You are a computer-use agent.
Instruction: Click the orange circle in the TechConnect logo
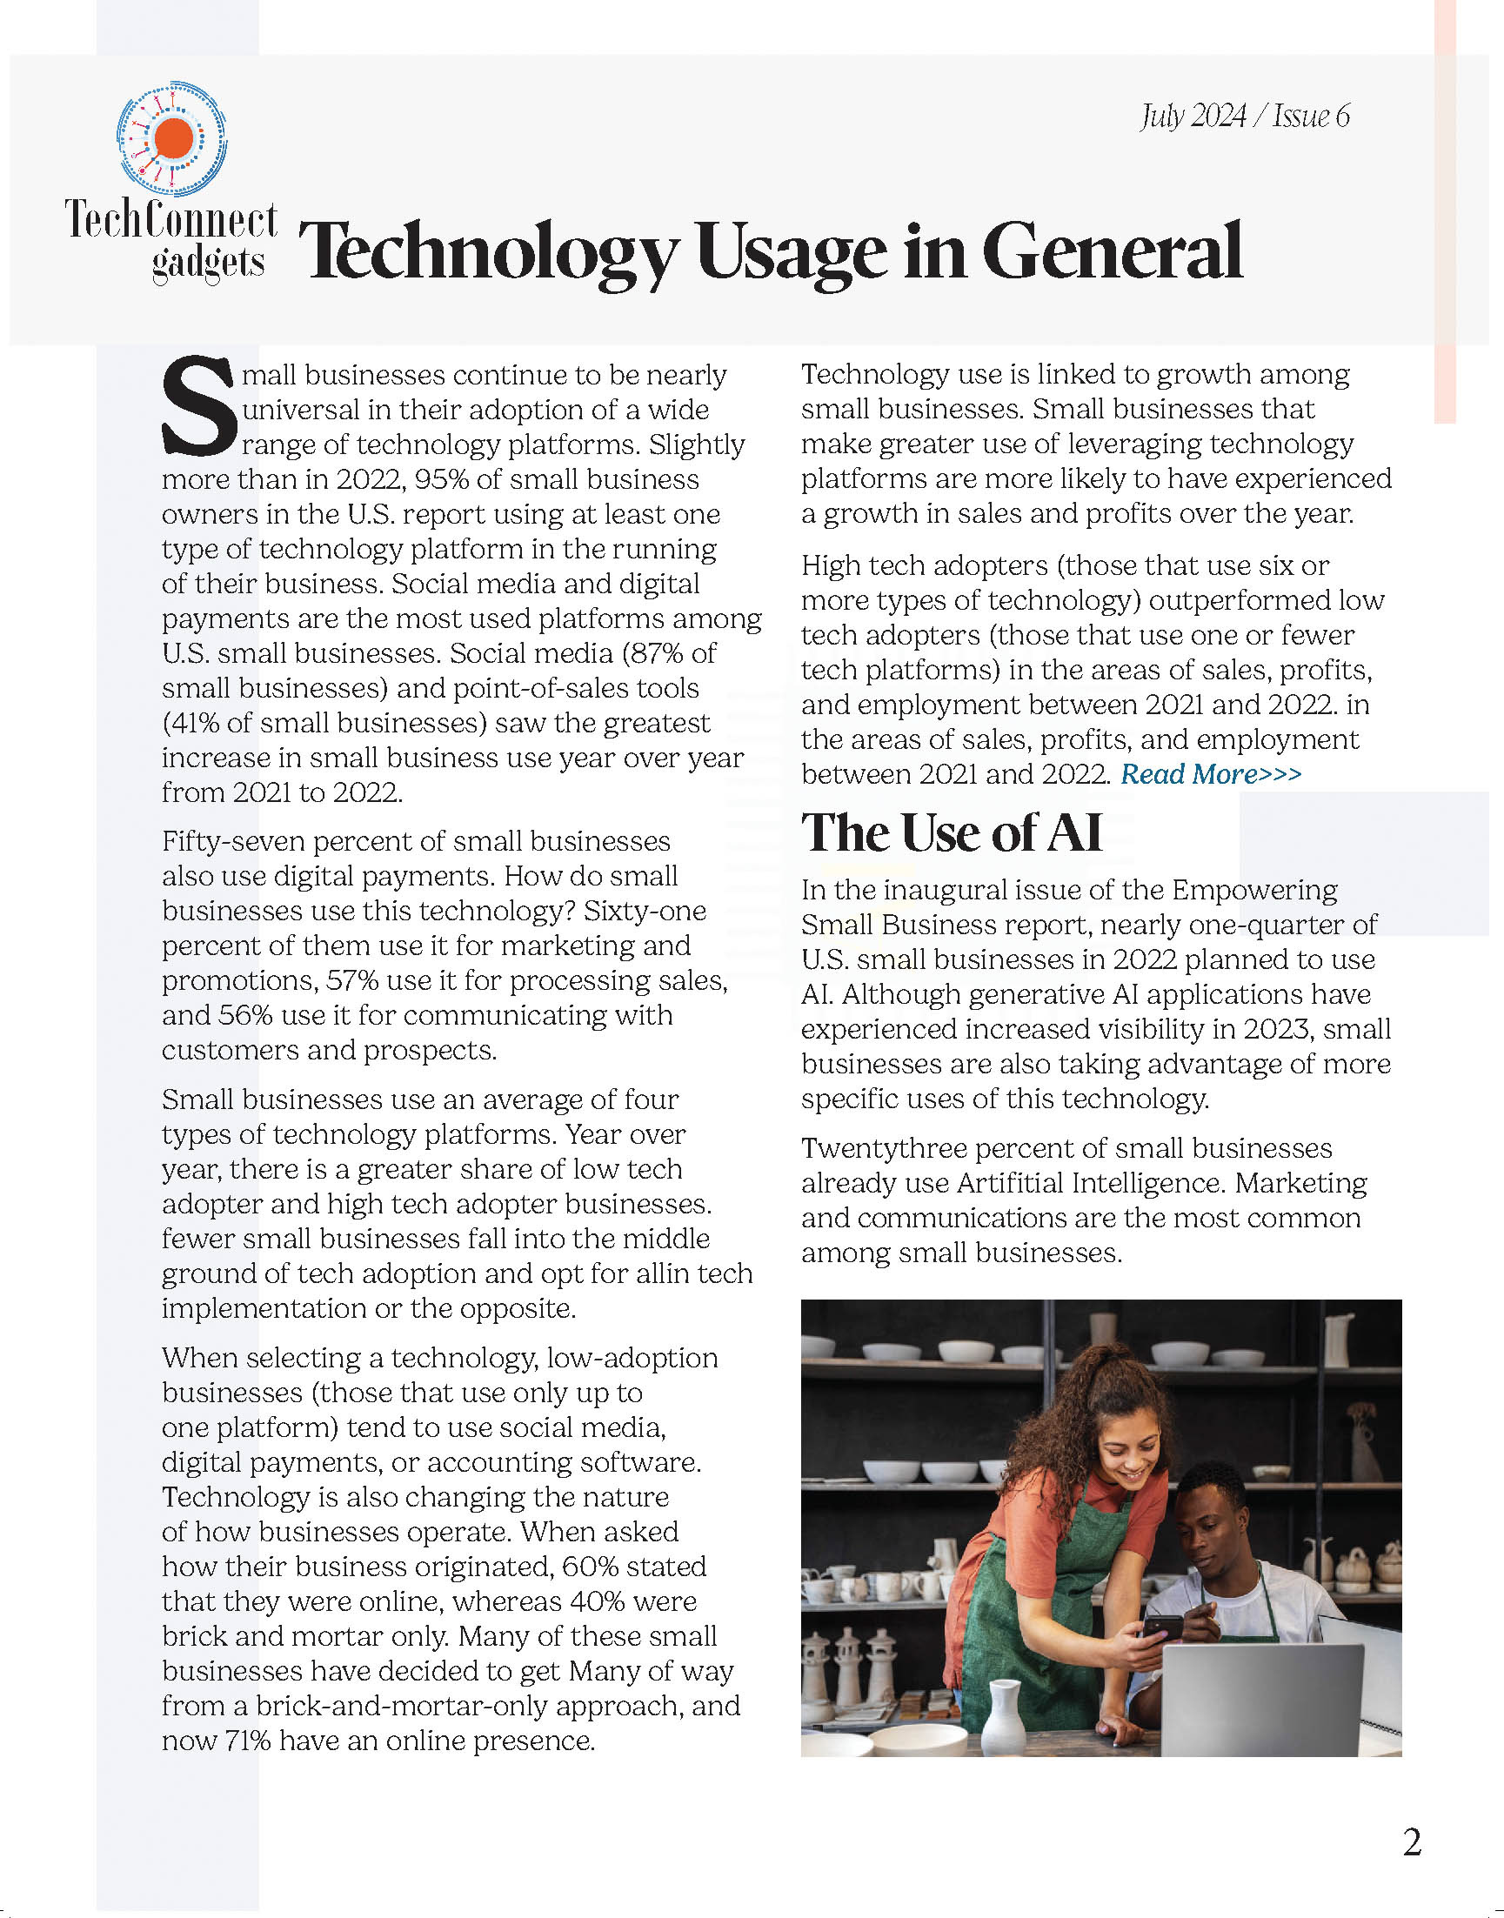point(172,138)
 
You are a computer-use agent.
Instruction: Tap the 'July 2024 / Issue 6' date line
point(1244,117)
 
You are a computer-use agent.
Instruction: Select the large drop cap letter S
point(198,406)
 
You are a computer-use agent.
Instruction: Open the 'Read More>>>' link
point(1211,774)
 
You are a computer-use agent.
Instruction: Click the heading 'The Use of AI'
point(951,832)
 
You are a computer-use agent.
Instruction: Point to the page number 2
point(1412,1841)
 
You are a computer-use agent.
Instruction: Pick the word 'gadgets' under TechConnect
point(208,263)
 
